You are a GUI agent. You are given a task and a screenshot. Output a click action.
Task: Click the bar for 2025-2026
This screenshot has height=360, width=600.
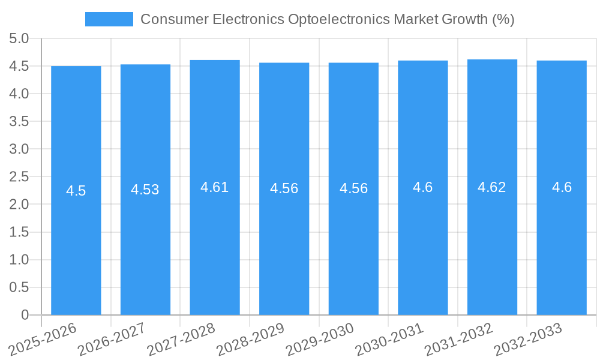pyautogui.click(x=76, y=240)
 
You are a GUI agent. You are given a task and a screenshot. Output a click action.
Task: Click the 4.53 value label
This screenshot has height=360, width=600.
pyautogui.click(x=145, y=190)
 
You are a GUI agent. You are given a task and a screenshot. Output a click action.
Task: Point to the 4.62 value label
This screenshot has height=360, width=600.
pyautogui.click(x=492, y=187)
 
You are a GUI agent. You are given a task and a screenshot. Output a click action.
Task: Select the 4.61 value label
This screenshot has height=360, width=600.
pyautogui.click(x=215, y=187)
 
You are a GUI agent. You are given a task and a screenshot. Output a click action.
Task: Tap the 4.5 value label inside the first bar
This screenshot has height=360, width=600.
pyautogui.click(x=76, y=191)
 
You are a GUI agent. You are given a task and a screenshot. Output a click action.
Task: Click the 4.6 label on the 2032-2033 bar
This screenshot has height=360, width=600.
pyautogui.click(x=562, y=187)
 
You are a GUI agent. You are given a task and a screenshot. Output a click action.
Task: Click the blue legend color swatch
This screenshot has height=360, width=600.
pyautogui.click(x=109, y=19)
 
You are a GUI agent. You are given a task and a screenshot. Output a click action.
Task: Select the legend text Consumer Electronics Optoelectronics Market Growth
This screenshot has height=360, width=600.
pyautogui.click(x=327, y=19)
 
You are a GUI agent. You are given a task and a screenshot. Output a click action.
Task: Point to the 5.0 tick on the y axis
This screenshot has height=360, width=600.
pyautogui.click(x=19, y=39)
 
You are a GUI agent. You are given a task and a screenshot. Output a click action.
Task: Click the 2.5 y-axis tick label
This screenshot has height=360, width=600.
pyautogui.click(x=19, y=177)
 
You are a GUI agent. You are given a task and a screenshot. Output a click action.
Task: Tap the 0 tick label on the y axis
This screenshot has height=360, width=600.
pyautogui.click(x=25, y=315)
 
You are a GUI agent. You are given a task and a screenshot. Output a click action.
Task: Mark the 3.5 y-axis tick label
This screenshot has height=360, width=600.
pyautogui.click(x=19, y=122)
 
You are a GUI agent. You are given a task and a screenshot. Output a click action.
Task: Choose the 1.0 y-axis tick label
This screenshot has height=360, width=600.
pyautogui.click(x=19, y=260)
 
